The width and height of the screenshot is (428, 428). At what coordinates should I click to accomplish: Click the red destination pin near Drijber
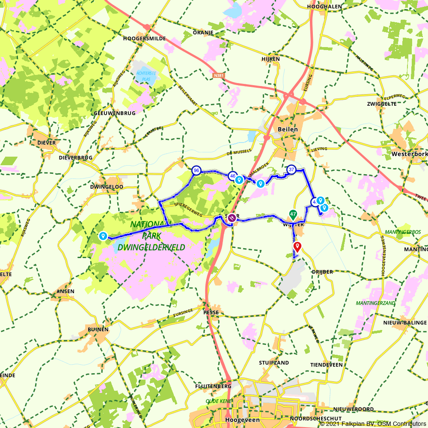tap(297, 246)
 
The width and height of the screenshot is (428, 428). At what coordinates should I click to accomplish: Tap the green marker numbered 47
tap(293, 214)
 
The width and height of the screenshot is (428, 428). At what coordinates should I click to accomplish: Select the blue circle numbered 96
tap(196, 171)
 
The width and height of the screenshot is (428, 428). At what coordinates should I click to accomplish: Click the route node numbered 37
tap(291, 169)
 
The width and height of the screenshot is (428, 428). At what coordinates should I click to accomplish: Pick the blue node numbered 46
tap(232, 175)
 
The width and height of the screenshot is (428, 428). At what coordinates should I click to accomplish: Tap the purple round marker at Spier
tap(232, 218)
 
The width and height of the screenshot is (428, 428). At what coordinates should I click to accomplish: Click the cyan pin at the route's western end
tap(103, 236)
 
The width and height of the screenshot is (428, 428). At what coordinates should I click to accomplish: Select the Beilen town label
tap(288, 129)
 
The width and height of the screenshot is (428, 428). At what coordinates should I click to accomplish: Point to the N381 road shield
tap(218, 75)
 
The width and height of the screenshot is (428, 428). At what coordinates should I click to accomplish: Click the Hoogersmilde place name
tap(141, 38)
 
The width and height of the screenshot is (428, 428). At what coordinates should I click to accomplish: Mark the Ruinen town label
tap(98, 330)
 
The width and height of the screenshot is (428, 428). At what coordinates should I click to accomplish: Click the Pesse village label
tap(211, 312)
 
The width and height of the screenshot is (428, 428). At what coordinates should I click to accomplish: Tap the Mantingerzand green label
tap(369, 303)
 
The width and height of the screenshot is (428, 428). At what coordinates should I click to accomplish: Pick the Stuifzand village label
tap(274, 363)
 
